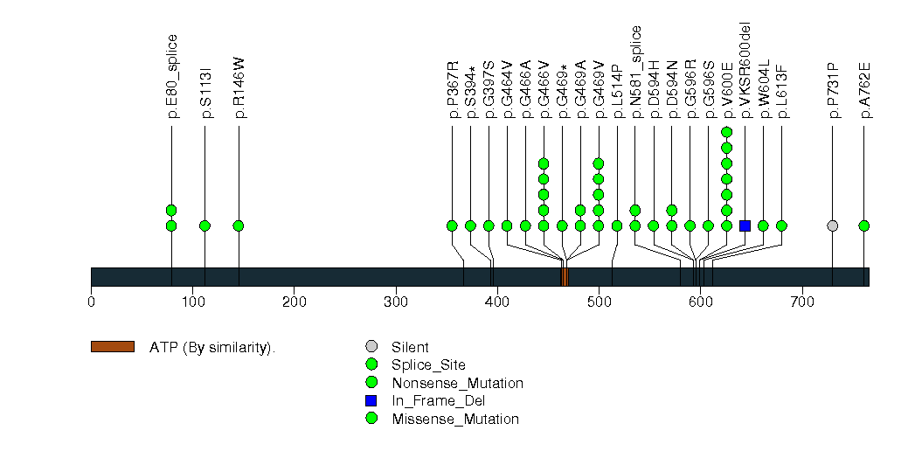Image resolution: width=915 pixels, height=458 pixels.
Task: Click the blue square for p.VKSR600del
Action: (745, 226)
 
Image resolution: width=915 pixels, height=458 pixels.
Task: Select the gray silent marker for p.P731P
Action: (832, 226)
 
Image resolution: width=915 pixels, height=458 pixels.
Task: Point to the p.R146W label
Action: (239, 87)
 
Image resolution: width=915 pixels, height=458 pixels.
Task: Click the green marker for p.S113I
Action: (204, 226)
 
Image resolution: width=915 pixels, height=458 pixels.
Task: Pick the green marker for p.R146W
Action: (238, 226)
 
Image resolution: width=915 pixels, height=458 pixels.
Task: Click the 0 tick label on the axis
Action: (91, 302)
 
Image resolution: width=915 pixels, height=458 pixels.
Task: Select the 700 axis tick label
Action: (802, 302)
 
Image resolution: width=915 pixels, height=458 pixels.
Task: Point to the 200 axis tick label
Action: (295, 302)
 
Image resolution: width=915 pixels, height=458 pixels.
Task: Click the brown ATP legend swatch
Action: (112, 347)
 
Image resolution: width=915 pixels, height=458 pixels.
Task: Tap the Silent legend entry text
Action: (410, 348)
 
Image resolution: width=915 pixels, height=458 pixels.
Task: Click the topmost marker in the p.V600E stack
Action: (726, 132)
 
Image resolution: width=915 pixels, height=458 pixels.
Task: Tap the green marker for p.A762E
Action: (863, 226)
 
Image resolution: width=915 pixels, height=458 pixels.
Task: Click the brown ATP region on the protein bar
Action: (565, 277)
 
